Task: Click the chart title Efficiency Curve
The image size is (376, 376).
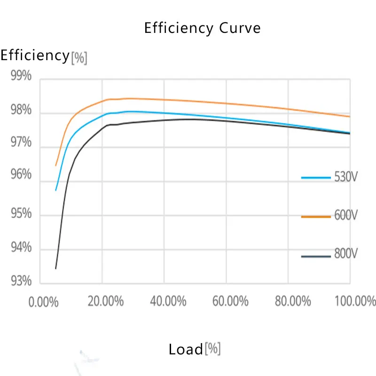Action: pyautogui.click(x=202, y=28)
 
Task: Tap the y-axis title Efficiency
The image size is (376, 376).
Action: pyautogui.click(x=35, y=55)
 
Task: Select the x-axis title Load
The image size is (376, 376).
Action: pyautogui.click(x=186, y=349)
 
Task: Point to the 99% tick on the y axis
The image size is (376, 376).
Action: pyautogui.click(x=21, y=76)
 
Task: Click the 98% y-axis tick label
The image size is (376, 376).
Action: pyautogui.click(x=21, y=111)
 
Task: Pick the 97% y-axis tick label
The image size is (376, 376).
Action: pyautogui.click(x=21, y=143)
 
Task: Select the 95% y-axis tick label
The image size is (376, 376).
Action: pyautogui.click(x=21, y=214)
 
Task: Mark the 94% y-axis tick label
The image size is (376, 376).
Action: pyautogui.click(x=21, y=247)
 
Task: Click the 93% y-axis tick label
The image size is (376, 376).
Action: pyautogui.click(x=21, y=281)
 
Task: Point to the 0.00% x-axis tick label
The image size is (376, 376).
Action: pyautogui.click(x=43, y=301)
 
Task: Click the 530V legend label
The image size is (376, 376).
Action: pyautogui.click(x=346, y=178)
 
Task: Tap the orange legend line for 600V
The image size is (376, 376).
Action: pyautogui.click(x=317, y=216)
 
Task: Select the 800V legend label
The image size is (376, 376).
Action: pyautogui.click(x=346, y=255)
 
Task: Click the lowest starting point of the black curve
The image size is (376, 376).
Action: pyautogui.click(x=56, y=268)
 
